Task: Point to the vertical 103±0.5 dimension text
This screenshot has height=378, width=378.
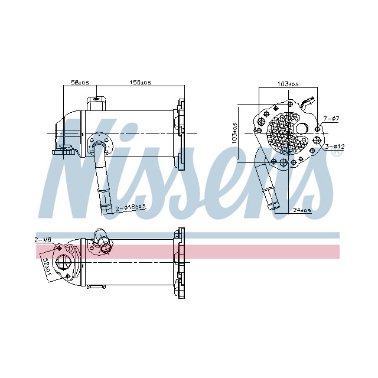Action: (x=234, y=134)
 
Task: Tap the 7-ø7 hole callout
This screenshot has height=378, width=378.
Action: (x=331, y=119)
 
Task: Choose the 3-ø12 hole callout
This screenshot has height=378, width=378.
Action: (x=334, y=145)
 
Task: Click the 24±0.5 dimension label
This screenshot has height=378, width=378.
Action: (x=302, y=210)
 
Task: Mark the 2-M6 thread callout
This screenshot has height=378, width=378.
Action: (x=43, y=240)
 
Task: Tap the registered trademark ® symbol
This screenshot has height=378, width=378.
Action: (x=337, y=152)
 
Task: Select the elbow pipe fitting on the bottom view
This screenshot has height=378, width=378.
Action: (x=100, y=242)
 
